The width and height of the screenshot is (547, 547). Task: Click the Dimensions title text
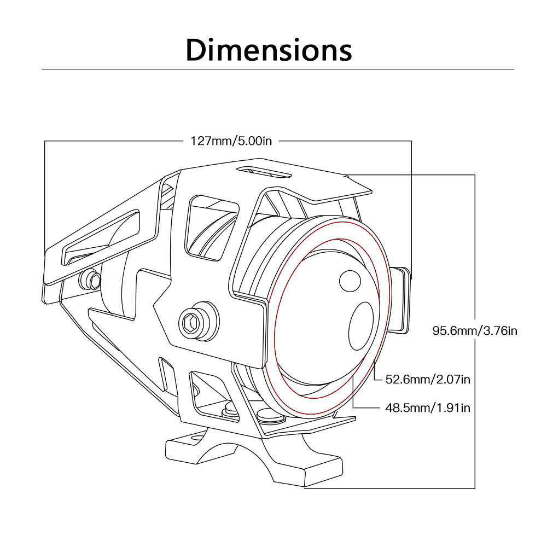tap(269, 50)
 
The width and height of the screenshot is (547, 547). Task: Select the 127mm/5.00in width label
tap(231, 141)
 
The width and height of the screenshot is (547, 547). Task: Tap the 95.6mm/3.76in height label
tap(475, 330)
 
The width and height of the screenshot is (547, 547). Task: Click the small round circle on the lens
tap(350, 281)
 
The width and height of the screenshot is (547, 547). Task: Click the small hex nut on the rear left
tap(90, 281)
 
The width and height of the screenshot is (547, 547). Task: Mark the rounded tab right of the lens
tap(400, 300)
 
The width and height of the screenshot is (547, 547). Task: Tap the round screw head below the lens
tap(269, 416)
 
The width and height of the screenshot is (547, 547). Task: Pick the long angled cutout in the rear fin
tap(101, 238)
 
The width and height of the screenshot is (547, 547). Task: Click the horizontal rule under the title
tap(278, 69)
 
